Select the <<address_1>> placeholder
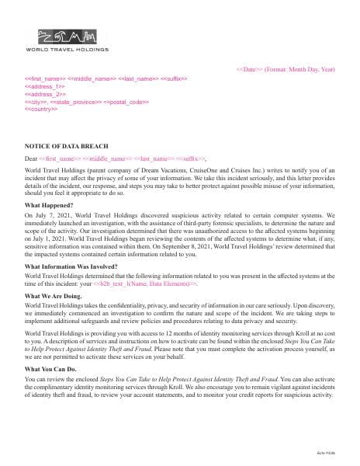pyautogui.click(x=44, y=86)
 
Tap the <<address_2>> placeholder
pyautogui.click(x=44, y=94)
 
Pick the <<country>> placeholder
pyautogui.click(x=41, y=109)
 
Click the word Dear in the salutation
pyautogui.click(x=31, y=158)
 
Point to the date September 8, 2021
pyautogui.click(x=209, y=249)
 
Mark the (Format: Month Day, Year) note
pyautogui.click(x=300, y=70)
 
